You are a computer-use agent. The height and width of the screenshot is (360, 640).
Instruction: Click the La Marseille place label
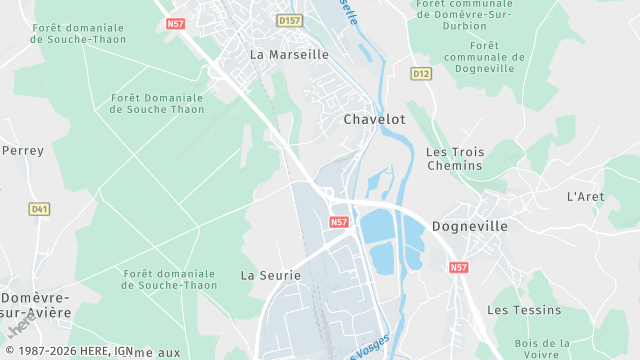coord(289,55)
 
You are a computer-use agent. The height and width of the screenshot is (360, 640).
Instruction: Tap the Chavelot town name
coord(374,119)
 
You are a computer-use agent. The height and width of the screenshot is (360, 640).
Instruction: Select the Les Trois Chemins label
coord(455,158)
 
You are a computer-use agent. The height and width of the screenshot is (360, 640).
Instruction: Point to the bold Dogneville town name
coord(470,226)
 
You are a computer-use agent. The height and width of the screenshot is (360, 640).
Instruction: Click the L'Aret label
coord(585,196)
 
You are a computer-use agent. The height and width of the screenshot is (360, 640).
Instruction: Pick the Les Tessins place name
coord(524,310)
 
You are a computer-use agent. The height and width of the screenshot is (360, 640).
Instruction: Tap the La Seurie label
coord(264,273)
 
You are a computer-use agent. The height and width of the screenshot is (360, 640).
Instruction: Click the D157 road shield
coord(289,20)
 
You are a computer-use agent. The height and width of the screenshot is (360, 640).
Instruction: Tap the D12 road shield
coord(420,73)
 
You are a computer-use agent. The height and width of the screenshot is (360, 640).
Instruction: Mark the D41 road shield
coord(39,209)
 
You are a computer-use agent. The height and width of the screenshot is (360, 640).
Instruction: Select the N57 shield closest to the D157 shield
coord(176,22)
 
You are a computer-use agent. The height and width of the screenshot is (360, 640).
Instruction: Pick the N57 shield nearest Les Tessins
coord(458,268)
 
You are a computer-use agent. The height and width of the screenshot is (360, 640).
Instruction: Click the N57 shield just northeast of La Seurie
coord(338,222)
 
